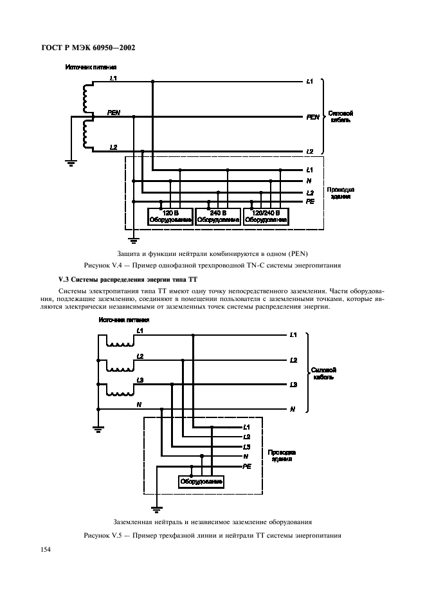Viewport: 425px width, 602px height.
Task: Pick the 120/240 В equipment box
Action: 266,215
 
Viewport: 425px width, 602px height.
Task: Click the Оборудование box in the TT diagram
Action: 201,482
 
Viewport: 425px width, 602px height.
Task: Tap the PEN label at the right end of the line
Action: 312,117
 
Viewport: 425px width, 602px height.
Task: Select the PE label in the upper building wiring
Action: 309,201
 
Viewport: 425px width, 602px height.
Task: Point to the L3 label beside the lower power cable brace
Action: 293,385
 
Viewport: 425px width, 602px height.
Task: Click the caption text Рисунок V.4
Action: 212,264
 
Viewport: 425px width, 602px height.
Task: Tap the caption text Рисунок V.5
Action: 212,535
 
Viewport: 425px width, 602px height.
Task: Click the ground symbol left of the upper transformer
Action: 72,163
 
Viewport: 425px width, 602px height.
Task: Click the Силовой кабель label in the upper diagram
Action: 341,116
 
